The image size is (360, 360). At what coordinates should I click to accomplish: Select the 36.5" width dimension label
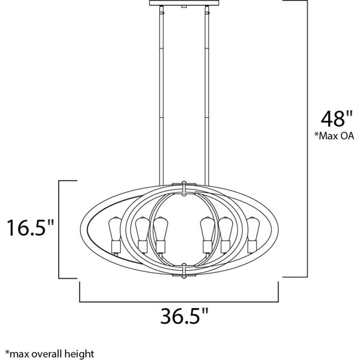tap(180, 316)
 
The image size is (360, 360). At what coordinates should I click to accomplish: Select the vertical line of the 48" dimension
tap(307, 135)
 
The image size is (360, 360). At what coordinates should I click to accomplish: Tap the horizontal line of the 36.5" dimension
tap(180, 301)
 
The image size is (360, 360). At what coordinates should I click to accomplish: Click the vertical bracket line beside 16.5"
tap(59, 229)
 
